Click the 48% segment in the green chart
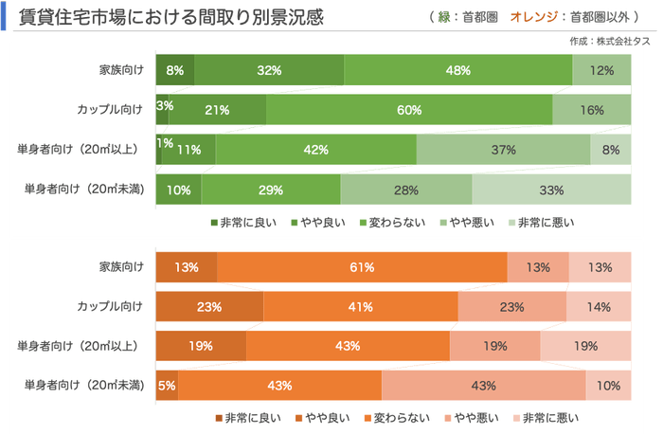pyautogui.click(x=458, y=70)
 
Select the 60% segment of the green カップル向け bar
pyautogui.click(x=409, y=110)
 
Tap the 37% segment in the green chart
pyautogui.click(x=503, y=150)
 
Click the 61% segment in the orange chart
pyautogui.click(x=361, y=267)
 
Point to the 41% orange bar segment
pyautogui.click(x=360, y=306)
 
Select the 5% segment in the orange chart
pyautogui.click(x=167, y=386)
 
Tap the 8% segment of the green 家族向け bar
pyautogui.click(x=175, y=70)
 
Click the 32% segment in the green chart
pyautogui.click(x=269, y=70)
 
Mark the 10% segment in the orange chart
pyautogui.click(x=608, y=386)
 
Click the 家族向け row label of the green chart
pyautogui.click(x=120, y=70)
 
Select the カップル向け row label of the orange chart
pyautogui.click(x=110, y=306)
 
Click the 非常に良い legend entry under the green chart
pyautogui.click(x=245, y=222)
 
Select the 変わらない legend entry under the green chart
pyautogui.click(x=399, y=222)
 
